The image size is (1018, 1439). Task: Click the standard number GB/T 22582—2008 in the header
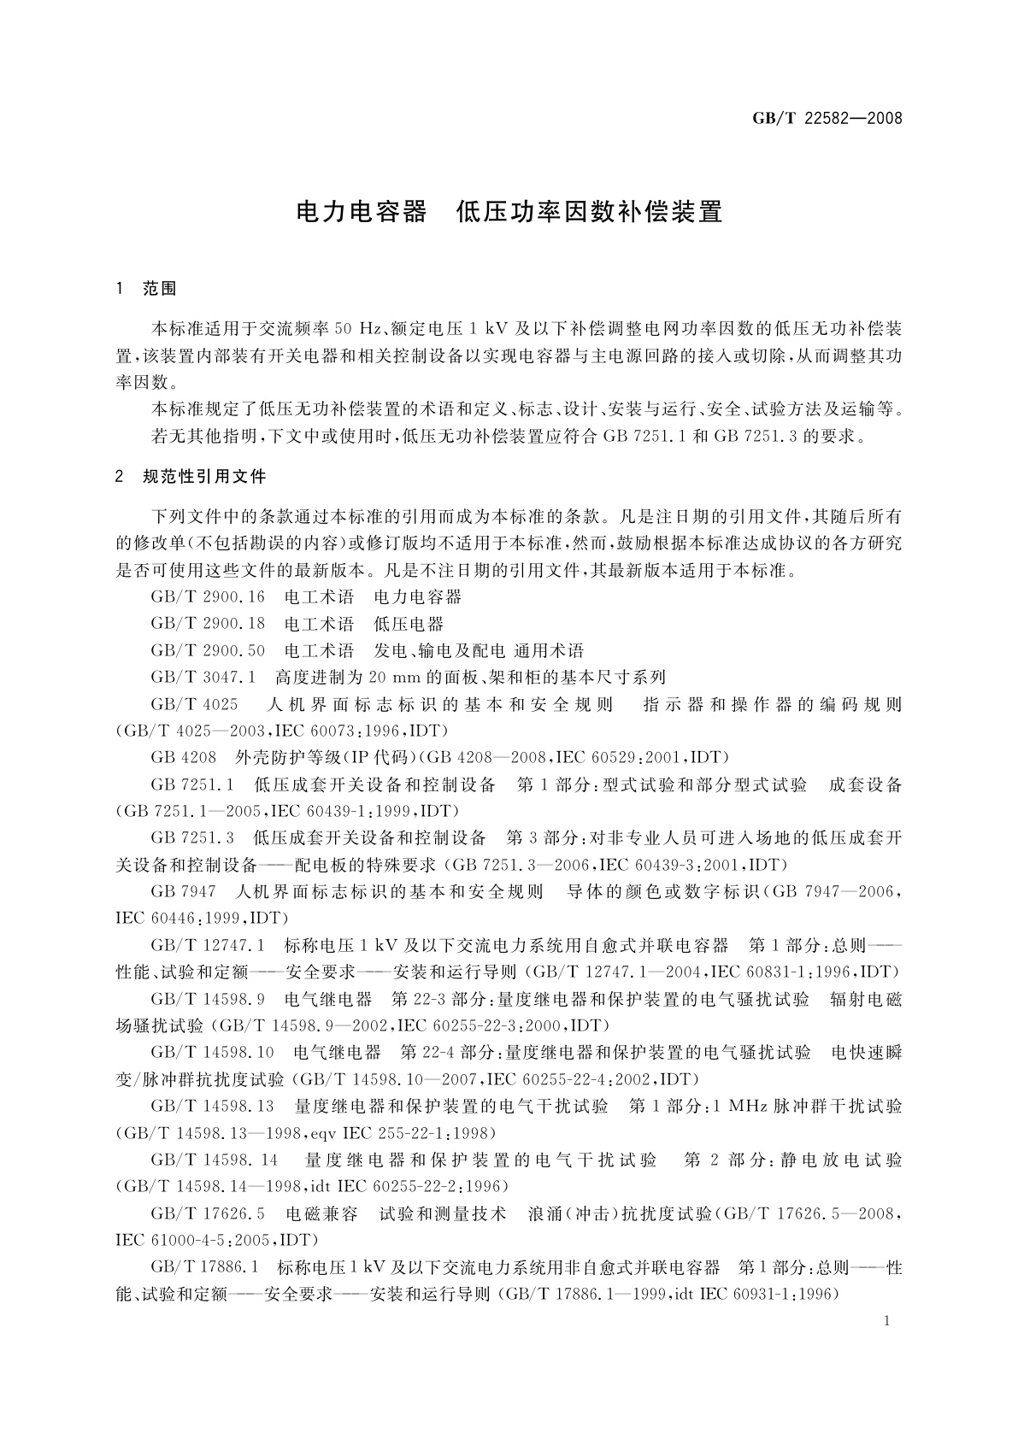(x=827, y=118)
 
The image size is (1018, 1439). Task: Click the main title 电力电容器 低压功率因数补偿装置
(x=509, y=212)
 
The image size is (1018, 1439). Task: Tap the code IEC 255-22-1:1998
(x=419, y=1133)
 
